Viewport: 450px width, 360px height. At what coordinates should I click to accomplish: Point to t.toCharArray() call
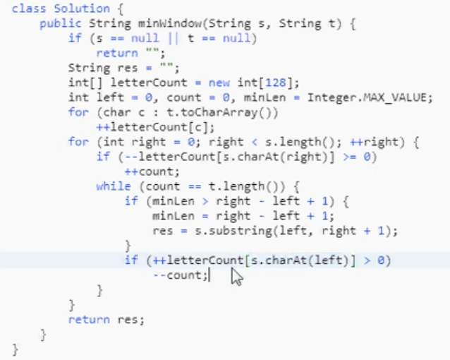236,112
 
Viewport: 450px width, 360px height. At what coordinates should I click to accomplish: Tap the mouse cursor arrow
236,277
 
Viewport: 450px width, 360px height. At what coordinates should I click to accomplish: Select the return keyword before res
88,319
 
